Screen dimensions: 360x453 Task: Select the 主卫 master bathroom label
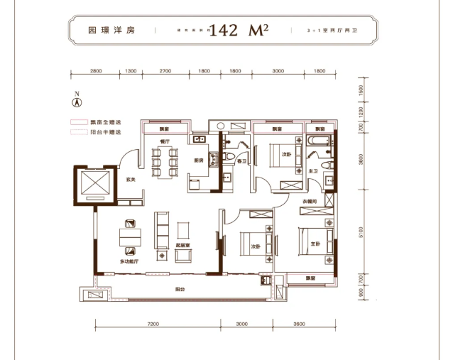click(x=313, y=171)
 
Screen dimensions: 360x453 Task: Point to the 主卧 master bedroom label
click(x=313, y=245)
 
